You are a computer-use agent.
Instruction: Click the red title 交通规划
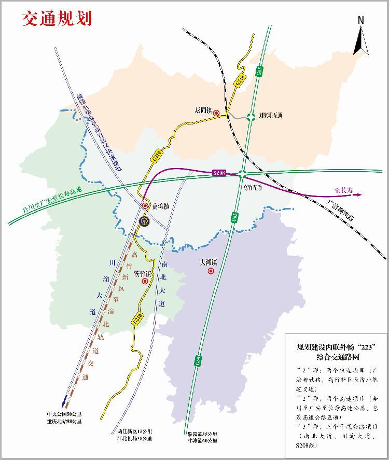(x=57, y=19)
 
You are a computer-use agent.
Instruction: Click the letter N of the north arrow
(x=360, y=20)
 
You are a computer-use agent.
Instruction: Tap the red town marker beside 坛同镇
(x=216, y=113)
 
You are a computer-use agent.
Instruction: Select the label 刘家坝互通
(x=270, y=116)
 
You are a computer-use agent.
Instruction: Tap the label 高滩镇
(x=161, y=206)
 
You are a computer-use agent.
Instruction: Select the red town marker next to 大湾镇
(x=211, y=271)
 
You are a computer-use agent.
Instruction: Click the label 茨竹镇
(x=142, y=273)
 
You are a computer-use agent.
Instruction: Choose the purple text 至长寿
(x=343, y=191)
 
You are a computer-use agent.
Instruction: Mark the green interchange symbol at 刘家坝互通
(x=251, y=116)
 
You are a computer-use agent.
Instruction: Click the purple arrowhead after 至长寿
(x=359, y=194)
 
